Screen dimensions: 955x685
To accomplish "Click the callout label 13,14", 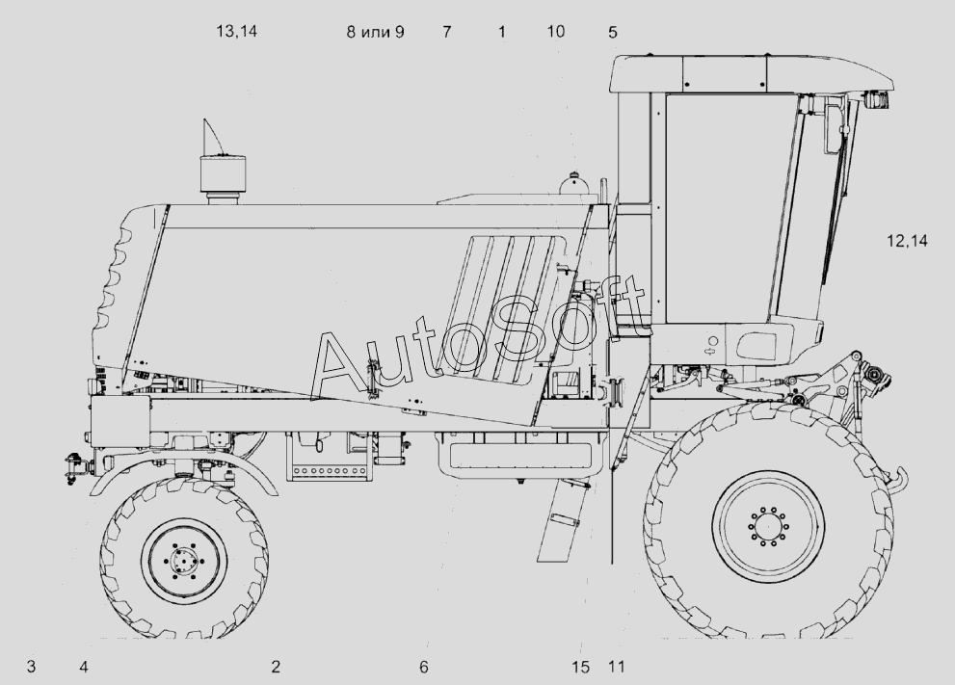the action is pos(237,31).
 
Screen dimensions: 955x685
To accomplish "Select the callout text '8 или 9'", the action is pos(375,32).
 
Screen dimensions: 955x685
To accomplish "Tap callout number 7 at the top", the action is pos(447,32).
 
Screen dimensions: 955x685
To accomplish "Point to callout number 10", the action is pos(555,31).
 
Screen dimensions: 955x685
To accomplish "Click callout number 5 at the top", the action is pos(613,32).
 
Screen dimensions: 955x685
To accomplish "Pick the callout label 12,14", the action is pos(907,241).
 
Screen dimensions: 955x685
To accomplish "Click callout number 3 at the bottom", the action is pos(31,667).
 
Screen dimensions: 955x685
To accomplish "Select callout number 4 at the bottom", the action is pos(84,667).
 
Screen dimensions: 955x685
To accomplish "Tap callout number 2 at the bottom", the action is pos(276,667).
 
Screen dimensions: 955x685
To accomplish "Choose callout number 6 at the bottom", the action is pos(423,668).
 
